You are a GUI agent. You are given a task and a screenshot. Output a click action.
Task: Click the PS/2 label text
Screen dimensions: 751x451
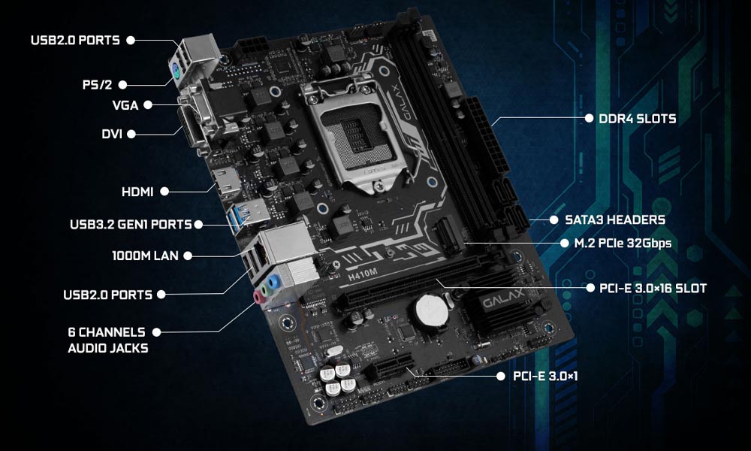tap(97, 85)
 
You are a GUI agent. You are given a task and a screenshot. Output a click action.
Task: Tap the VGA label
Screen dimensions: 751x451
tap(125, 105)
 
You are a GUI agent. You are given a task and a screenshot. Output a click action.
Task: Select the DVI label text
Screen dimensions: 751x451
tap(112, 134)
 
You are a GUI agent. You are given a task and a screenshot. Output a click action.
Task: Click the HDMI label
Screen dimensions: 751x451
tap(137, 192)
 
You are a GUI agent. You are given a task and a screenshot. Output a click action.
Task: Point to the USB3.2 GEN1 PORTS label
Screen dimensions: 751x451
tap(131, 224)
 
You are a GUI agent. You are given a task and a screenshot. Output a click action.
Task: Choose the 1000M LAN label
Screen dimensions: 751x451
tap(145, 256)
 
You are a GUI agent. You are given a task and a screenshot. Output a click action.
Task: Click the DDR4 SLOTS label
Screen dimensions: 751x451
tap(638, 119)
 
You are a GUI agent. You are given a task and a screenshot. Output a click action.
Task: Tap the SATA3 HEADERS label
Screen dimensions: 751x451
tap(615, 220)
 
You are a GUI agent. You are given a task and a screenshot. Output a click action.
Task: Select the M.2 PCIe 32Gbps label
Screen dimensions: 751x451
tap(623, 244)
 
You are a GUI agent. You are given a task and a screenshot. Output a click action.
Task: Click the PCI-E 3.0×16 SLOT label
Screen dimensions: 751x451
tap(653, 288)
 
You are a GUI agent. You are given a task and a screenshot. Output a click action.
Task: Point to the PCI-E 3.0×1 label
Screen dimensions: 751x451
tap(545, 377)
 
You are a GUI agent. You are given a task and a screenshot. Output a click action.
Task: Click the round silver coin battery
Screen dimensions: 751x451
tap(431, 310)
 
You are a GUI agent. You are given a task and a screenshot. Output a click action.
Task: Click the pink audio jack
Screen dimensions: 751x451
tap(259, 298)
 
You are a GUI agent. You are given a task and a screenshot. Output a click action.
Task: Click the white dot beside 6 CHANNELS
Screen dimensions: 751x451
tap(156, 331)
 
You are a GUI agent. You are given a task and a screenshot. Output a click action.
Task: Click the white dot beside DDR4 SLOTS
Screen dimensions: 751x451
tap(589, 118)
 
